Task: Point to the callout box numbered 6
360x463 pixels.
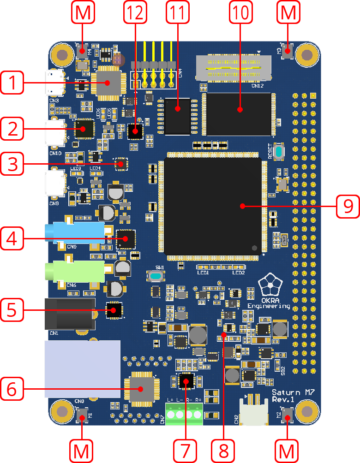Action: (12, 389)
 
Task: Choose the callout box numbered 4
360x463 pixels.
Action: (12, 238)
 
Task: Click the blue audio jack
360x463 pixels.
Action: (78, 233)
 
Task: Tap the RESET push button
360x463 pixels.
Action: (278, 152)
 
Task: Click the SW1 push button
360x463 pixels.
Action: (156, 276)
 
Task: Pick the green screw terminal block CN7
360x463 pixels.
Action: (184, 414)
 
